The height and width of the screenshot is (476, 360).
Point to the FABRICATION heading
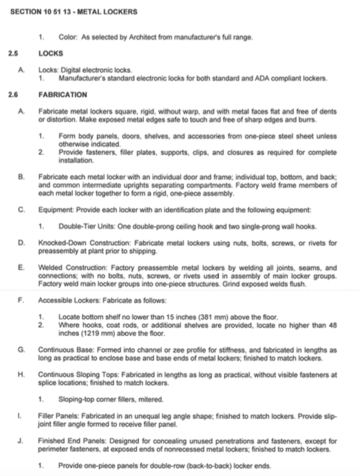point(63,94)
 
